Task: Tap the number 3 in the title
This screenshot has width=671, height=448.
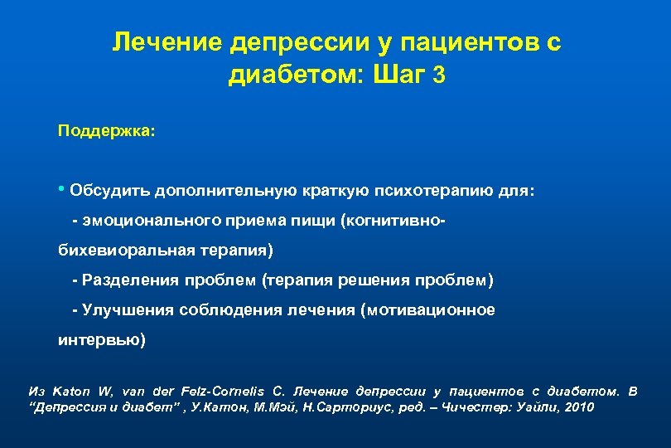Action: tap(438, 75)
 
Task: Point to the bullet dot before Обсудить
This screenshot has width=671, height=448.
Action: tap(62, 191)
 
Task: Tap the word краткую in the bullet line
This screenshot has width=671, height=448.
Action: tap(334, 192)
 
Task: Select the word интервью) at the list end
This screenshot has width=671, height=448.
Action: tap(101, 339)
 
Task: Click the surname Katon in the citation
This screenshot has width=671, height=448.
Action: tap(69, 391)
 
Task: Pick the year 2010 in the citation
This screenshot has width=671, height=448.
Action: tap(577, 407)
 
